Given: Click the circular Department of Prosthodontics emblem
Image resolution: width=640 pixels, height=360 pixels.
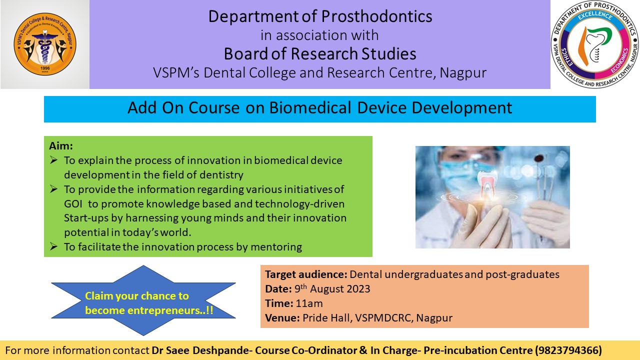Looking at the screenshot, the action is [595, 44].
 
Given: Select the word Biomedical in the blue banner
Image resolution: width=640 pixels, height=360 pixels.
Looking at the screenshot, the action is [310, 107].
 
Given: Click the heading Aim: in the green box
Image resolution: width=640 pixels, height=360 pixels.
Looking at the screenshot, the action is [61, 145].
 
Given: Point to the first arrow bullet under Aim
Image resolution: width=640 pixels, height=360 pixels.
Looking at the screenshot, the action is [53, 159].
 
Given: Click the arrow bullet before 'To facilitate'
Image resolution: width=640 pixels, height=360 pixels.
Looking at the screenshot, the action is [53, 246].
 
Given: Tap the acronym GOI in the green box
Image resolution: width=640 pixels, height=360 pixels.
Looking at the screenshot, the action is [73, 203].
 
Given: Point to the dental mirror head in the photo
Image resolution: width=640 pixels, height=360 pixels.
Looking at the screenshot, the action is [539, 158].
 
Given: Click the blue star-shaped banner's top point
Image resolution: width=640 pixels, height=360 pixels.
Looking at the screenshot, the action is [143, 265].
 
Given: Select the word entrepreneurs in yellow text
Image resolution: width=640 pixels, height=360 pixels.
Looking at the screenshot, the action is [163, 310].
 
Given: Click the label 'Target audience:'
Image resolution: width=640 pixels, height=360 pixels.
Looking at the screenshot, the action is [306, 274].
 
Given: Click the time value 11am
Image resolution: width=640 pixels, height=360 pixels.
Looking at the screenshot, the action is [309, 303].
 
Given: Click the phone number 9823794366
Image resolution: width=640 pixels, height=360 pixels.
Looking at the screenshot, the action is [568, 350].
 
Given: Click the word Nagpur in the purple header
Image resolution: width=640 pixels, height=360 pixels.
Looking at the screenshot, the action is [463, 72].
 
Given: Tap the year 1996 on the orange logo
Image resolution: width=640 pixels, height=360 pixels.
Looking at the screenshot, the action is [45, 68].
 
